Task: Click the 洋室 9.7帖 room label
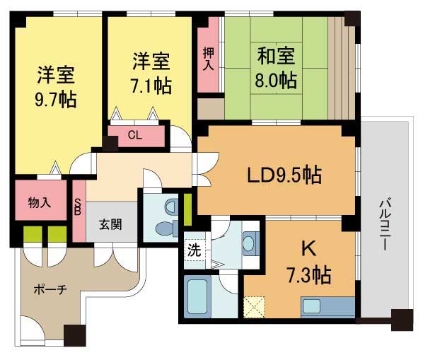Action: pos(57,85)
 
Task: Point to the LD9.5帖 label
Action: pos(279,174)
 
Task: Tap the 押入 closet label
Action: pos(208,58)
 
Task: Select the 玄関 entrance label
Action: pos(110,226)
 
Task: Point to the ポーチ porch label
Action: pos(49,290)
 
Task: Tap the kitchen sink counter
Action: pos(327,306)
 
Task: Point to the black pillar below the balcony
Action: pos(401,320)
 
